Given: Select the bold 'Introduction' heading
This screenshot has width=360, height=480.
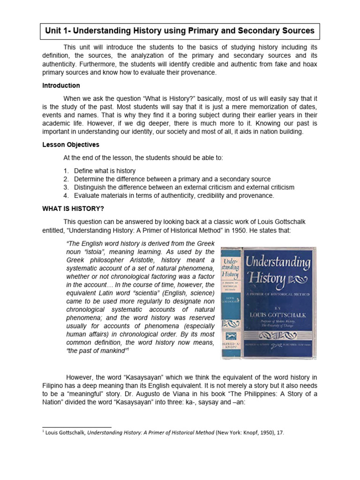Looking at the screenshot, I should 61,86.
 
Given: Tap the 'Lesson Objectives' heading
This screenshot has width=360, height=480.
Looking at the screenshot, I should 71,145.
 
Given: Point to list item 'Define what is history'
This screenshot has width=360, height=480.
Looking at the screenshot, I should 105,171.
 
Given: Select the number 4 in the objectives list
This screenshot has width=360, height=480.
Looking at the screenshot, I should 66,196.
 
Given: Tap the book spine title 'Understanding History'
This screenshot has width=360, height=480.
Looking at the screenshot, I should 231,269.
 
